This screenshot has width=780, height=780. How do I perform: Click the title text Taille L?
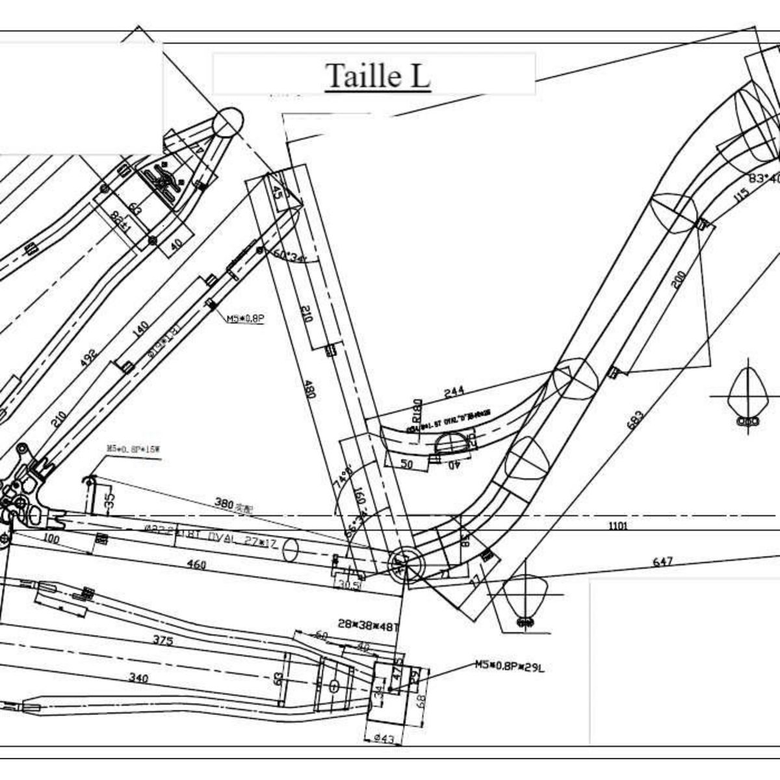pyautogui.click(x=377, y=75)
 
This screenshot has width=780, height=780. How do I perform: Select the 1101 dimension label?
pyautogui.click(x=618, y=526)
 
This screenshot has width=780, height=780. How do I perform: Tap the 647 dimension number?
pyautogui.click(x=662, y=561)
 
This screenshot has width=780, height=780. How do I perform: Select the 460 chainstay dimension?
pyautogui.click(x=195, y=564)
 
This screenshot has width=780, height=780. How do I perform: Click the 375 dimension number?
pyautogui.click(x=162, y=640)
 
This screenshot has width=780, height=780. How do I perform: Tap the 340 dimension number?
pyautogui.click(x=138, y=679)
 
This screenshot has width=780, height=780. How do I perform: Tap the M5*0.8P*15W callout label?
pyautogui.click(x=133, y=448)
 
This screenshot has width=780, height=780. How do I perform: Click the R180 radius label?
pyautogui.click(x=417, y=411)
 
